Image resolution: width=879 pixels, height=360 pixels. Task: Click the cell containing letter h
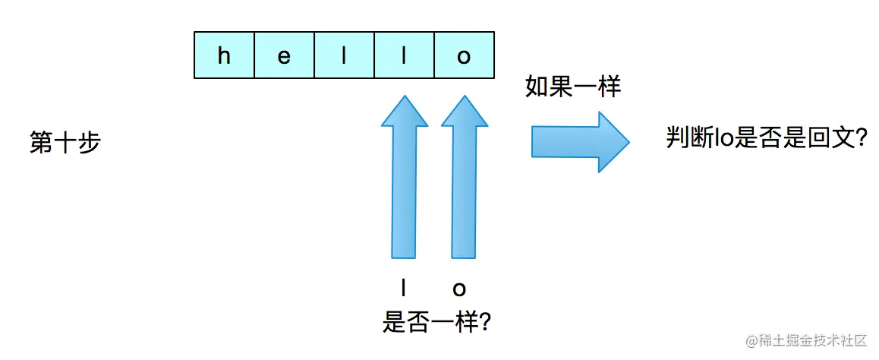click(224, 55)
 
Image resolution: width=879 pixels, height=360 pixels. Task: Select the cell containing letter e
click(284, 55)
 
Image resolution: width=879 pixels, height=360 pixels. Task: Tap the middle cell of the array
click(344, 55)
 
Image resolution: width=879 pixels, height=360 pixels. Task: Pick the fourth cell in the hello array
click(404, 55)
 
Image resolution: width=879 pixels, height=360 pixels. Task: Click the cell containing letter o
click(464, 55)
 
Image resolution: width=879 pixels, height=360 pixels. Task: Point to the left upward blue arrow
click(405, 178)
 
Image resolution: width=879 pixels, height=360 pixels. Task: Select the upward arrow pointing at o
click(464, 178)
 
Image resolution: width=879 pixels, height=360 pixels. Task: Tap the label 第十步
click(65, 143)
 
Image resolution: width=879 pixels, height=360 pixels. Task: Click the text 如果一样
click(573, 87)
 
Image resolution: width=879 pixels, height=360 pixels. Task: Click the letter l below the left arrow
click(404, 289)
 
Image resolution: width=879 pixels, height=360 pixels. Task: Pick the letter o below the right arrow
click(459, 289)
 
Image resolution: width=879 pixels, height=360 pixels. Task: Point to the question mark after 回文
click(860, 137)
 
